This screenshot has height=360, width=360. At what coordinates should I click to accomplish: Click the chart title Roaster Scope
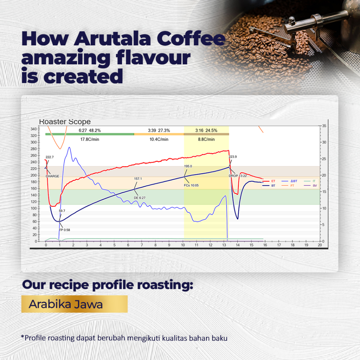[65, 122]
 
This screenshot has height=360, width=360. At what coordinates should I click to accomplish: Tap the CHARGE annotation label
[52, 176]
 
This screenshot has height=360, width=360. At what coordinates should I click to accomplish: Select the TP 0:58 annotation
[65, 230]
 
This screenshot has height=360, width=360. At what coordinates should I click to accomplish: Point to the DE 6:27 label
[140, 198]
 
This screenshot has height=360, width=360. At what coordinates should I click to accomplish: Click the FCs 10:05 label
[191, 185]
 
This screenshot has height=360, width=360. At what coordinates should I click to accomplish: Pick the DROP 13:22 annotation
[238, 176]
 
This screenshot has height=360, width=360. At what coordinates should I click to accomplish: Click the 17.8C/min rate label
[90, 139]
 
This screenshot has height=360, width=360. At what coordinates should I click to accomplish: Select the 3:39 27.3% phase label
[159, 130]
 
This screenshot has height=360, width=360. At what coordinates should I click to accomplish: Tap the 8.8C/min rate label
[206, 139]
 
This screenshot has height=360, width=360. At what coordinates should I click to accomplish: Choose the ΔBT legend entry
[290, 181]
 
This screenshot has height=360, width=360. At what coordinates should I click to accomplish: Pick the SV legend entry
[311, 186]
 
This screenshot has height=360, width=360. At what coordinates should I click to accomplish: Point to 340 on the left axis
[33, 129]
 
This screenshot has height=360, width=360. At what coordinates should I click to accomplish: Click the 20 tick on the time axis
[320, 245]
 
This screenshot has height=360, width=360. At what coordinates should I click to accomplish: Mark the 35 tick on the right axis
[324, 126]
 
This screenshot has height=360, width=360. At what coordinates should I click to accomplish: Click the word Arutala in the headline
[112, 39]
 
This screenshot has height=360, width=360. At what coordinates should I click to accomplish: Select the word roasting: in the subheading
[165, 285]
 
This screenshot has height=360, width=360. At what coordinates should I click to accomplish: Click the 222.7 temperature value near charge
[50, 157]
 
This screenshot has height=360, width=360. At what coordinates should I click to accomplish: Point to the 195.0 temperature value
[188, 166]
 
